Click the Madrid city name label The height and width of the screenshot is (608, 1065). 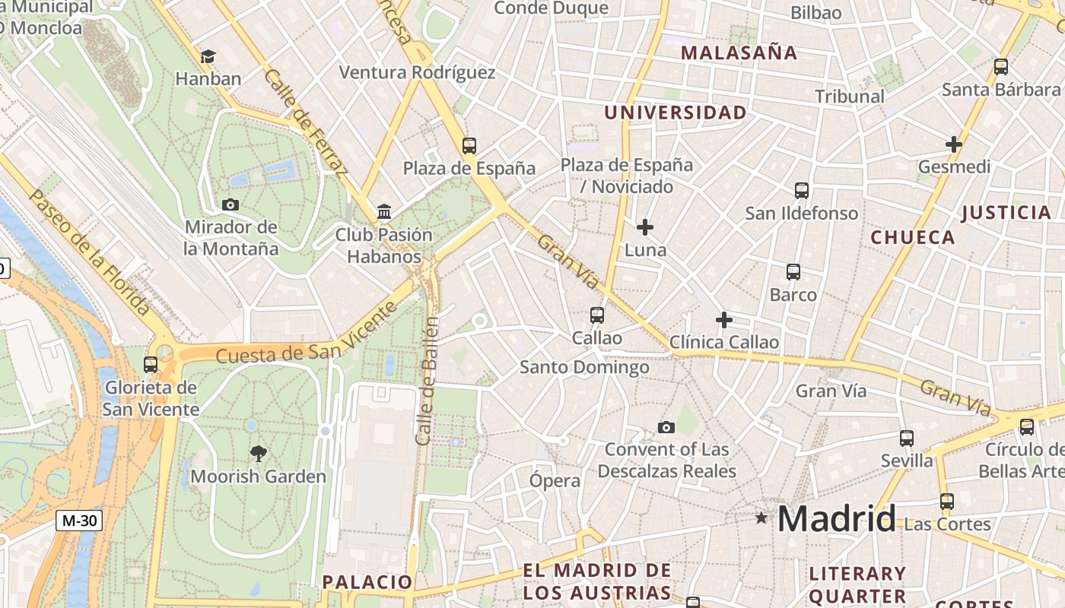tap(836, 519)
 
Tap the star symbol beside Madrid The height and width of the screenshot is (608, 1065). tap(761, 518)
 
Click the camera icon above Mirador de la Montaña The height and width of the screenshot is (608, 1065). tap(230, 204)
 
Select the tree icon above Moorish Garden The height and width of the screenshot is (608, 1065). tap(259, 454)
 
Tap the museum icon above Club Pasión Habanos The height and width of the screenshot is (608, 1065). tap(384, 211)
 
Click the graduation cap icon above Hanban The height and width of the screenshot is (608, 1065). tap(208, 56)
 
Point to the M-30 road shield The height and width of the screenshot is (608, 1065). tap(79, 521)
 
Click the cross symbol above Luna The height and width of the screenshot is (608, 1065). tap(645, 226)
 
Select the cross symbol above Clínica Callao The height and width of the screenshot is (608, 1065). tap(724, 320)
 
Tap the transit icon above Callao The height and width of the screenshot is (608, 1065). tap(597, 315)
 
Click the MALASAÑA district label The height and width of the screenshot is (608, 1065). tap(739, 53)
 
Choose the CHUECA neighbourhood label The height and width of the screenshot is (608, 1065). tap(912, 238)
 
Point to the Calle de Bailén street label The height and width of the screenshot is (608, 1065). tap(428, 380)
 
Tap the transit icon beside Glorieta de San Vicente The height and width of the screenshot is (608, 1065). tap(151, 365)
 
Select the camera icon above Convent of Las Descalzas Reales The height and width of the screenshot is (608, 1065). tap(666, 427)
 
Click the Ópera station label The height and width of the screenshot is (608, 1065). tap(555, 480)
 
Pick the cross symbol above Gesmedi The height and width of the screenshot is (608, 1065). tap(954, 144)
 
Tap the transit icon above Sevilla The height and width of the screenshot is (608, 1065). tap(907, 439)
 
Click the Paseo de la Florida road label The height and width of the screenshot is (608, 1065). tap(90, 253)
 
